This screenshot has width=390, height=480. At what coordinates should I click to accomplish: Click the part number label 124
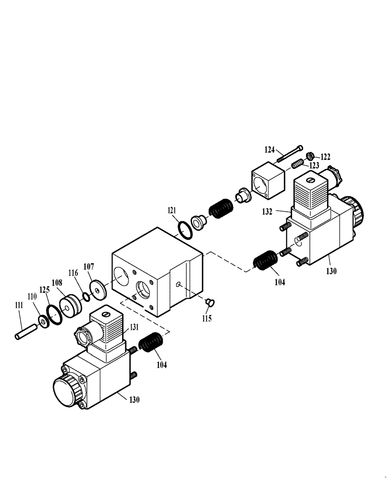point(269,150)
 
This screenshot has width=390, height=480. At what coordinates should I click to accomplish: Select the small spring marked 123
point(298,165)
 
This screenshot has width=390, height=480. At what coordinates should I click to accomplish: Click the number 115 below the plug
point(207,318)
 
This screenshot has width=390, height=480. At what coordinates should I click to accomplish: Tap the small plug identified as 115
point(209,302)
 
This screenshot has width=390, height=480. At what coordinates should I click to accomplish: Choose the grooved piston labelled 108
point(71,305)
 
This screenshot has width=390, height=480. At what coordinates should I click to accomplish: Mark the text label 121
point(172,210)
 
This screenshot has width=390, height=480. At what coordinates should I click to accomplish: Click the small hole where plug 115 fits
point(178,285)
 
